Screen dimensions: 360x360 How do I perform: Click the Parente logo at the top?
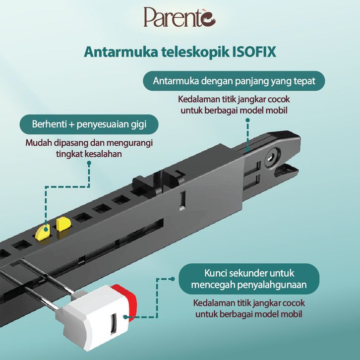coord(179,18)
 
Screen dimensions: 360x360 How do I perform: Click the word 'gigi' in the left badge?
coord(138,124)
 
